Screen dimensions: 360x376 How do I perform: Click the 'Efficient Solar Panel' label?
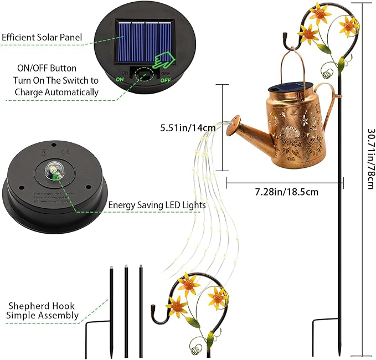tap(42, 38)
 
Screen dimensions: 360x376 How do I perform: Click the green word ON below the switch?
tap(120, 79)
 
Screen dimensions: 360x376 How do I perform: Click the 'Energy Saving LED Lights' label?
tap(157, 205)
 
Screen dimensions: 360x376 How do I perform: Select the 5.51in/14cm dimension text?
tap(188, 128)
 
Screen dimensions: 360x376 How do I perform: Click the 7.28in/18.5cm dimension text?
tap(286, 192)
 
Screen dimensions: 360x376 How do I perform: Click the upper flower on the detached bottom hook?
tap(190, 284)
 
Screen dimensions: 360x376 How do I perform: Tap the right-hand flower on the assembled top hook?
tap(349, 24)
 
